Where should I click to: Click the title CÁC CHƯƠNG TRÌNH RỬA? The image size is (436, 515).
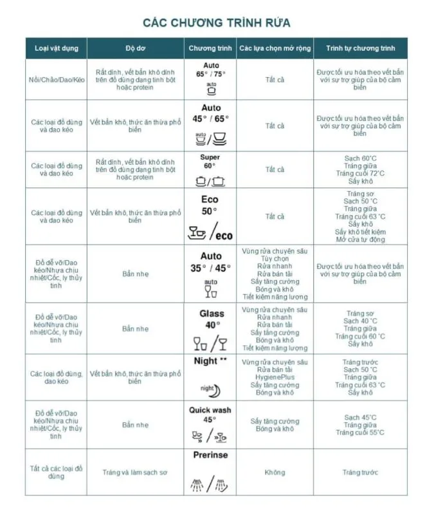pos(217,23)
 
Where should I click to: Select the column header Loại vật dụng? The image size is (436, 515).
pos(56,49)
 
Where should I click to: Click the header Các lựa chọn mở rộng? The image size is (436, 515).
pos(275,49)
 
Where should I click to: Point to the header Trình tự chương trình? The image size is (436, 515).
pos(360,49)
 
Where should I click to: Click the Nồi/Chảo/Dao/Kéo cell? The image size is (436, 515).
pos(57,80)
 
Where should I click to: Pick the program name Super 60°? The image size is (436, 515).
pos(210,161)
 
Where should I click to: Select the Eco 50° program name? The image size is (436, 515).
pos(210,205)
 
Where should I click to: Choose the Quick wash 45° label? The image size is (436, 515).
pos(210,415)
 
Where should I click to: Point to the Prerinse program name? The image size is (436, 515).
pos(210,455)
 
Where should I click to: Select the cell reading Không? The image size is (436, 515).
pos(275,473)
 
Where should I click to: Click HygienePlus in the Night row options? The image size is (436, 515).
pos(275,377)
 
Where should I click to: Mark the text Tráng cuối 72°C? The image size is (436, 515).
pos(360,174)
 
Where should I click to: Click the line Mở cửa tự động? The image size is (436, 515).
pos(360,239)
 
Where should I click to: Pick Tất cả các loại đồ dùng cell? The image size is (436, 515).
pos(57,473)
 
